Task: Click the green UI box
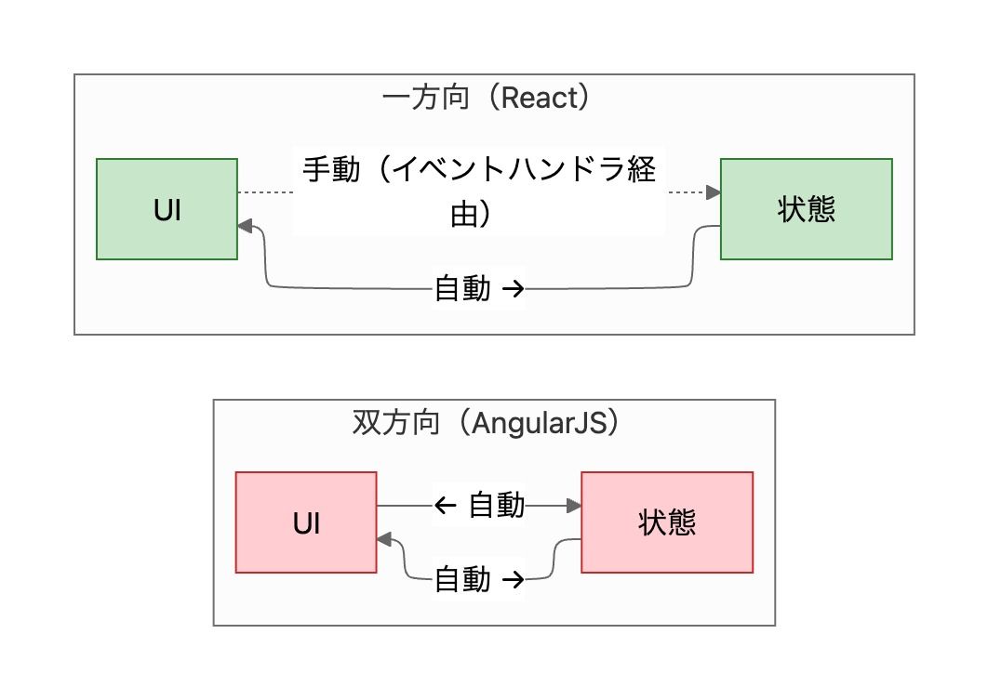point(167,209)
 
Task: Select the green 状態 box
point(806,209)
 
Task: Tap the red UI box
point(306,522)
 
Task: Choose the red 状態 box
point(667,522)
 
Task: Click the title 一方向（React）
point(487,99)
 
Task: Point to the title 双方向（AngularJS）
point(487,423)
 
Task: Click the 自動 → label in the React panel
point(479,289)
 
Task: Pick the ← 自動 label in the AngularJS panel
point(479,506)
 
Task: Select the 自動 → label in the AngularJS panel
point(479,580)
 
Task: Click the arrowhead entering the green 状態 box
point(714,192)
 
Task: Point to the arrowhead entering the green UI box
point(245,225)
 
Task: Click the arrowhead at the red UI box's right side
point(384,539)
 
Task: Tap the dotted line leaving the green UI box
point(265,192)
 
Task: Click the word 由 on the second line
point(462,216)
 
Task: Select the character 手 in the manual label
point(317,171)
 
